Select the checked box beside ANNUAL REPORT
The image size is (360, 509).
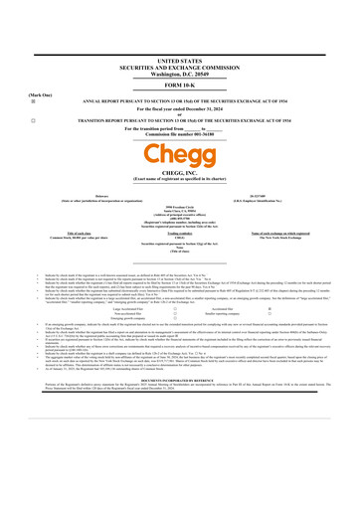coord(9,75)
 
